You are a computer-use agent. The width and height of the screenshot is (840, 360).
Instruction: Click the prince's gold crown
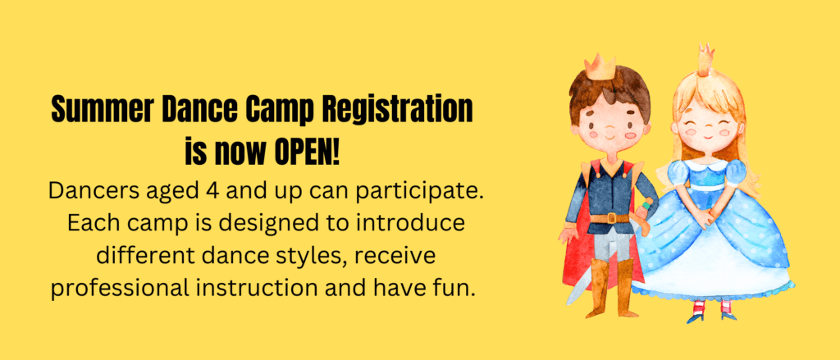(x=600, y=66)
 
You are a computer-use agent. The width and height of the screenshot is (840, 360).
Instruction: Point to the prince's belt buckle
(x=610, y=218)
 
